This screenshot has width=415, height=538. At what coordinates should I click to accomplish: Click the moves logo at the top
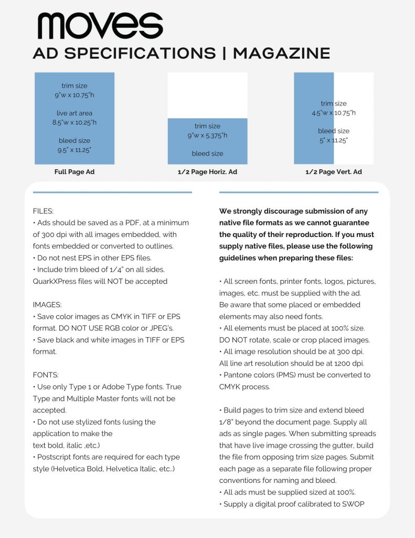pos(100,26)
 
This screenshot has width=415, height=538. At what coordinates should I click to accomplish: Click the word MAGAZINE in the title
pos(281,53)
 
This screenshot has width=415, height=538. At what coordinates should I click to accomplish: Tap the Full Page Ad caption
pos(75,172)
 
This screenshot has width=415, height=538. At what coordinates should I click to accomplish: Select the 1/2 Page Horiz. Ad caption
pos(207,172)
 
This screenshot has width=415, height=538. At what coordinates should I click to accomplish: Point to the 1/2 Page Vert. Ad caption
pos(334,172)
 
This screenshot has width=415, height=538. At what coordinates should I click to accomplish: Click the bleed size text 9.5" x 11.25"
pos(75,150)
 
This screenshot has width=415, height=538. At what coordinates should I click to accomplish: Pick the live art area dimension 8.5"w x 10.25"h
pos(75,122)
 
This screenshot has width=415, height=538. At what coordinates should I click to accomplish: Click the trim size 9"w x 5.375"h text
pos(207,136)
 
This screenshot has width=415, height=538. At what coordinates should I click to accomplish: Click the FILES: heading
pos(42,211)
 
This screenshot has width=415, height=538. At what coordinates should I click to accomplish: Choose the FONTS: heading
pos(45,375)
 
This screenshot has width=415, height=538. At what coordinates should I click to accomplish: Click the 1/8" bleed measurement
pos(227,422)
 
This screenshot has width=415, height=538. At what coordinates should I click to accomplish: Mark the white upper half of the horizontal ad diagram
pos(207,95)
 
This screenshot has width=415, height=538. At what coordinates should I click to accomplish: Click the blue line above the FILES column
pos(112,192)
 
